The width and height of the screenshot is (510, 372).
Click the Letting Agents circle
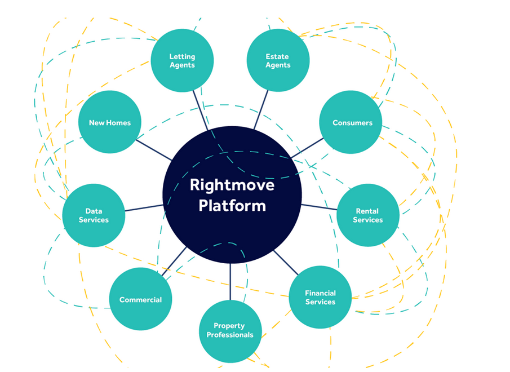pos(182,60)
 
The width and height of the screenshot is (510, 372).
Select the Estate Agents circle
pos(278,60)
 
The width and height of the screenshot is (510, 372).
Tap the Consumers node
pos(352,122)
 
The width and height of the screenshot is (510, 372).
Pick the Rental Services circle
pos(367,215)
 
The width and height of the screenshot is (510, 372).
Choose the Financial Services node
pos(320,297)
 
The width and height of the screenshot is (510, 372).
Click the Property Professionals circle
pos(230,331)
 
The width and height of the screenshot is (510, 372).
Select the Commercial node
pos(140,299)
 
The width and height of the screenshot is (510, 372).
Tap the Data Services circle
pos(94,215)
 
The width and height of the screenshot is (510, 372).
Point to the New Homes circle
pos(109,122)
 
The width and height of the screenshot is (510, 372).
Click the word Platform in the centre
pos(232,205)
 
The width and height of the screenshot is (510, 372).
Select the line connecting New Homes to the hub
pos(154,150)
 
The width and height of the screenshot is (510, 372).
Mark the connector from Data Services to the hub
pos(144,207)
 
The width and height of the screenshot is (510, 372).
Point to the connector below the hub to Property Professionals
pos(230,282)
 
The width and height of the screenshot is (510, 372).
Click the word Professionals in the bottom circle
pos(230,335)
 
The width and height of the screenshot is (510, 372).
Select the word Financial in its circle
pos(320,293)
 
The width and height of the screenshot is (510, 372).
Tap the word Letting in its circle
pos(182,56)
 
